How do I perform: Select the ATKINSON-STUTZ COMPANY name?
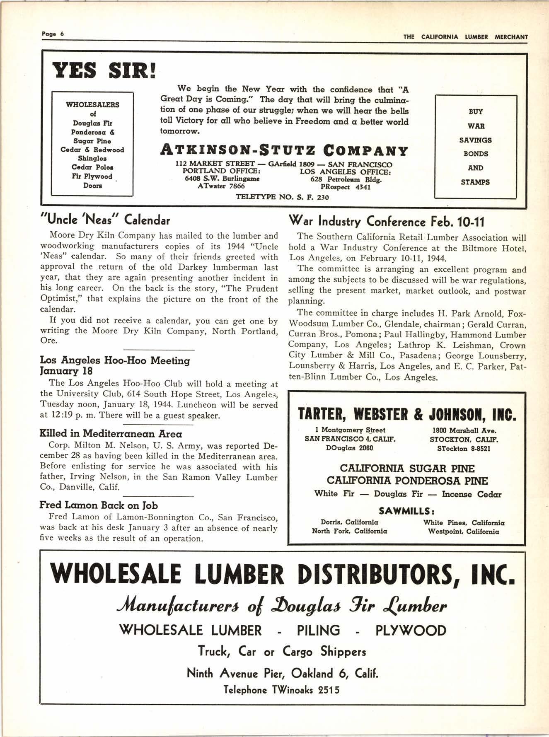pyautogui.click(x=284, y=150)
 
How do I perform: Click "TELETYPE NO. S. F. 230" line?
pyautogui.click(x=282, y=197)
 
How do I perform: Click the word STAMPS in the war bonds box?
pyautogui.click(x=475, y=182)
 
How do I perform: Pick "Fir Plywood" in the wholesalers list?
pyautogui.click(x=92, y=176)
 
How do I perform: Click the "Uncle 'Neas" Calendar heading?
pyautogui.click(x=105, y=220)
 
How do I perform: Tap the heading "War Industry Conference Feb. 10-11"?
pyautogui.click(x=386, y=222)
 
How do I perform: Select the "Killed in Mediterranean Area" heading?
pyautogui.click(x=111, y=434)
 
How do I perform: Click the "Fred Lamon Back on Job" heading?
pyautogui.click(x=98, y=505)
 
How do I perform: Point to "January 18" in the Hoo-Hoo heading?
pyautogui.click(x=66, y=371)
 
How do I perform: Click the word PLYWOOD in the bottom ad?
pyautogui.click(x=411, y=631)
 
